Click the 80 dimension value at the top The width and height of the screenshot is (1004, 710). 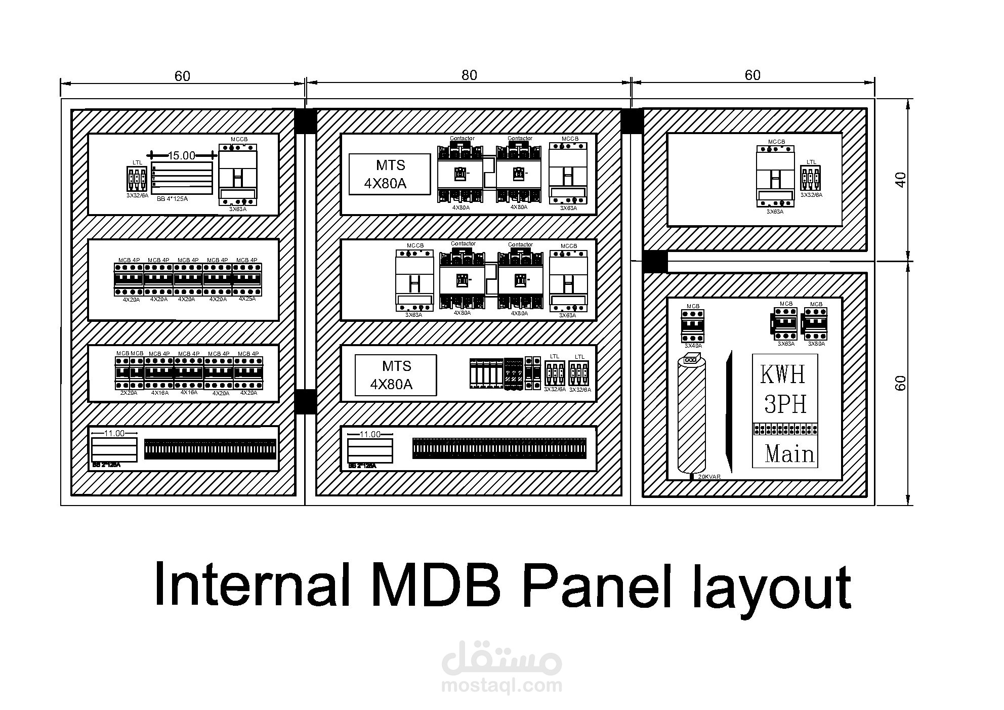(x=469, y=75)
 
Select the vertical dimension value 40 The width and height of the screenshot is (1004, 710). (x=901, y=180)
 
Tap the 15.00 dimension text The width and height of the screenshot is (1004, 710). (x=181, y=155)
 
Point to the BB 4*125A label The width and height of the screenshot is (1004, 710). (x=172, y=199)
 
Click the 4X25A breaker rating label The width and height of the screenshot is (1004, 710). (x=247, y=299)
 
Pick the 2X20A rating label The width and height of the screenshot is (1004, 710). (x=129, y=393)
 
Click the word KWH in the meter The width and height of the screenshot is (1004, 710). (x=782, y=374)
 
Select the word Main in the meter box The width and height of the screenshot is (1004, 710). (x=789, y=453)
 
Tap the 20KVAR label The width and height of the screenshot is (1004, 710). (x=709, y=477)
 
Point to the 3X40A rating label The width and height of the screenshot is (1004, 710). (x=693, y=346)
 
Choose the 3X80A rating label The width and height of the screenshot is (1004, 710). (x=816, y=344)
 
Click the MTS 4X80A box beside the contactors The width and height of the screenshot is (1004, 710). (x=389, y=174)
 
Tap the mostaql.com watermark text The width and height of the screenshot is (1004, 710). (x=501, y=686)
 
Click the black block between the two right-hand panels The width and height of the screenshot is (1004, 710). (x=655, y=262)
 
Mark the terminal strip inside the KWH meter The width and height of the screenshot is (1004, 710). (x=785, y=429)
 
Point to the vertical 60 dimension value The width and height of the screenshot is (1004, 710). (x=901, y=383)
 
